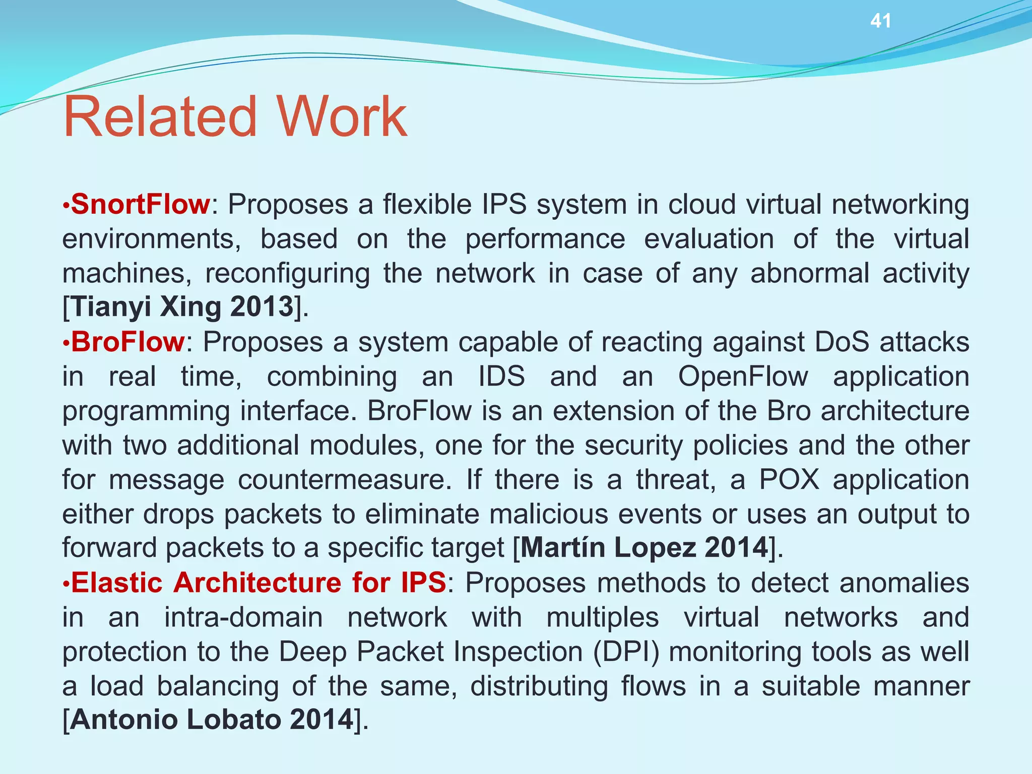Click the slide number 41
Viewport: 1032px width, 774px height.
881,21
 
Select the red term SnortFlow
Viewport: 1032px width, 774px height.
140,205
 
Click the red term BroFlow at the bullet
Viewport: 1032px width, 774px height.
128,342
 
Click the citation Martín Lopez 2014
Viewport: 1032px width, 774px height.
644,547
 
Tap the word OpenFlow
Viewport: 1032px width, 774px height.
743,376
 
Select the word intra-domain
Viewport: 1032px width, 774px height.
243,617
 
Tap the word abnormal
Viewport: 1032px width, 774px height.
810,274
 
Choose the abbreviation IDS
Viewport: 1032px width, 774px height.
501,376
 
